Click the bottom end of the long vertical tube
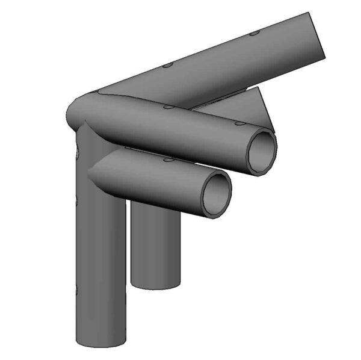100,341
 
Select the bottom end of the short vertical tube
156,284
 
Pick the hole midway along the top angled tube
168,64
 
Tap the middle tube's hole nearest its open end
239,123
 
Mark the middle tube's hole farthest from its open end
168,107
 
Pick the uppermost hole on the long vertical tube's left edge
78,154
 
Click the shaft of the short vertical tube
155,247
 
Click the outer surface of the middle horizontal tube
180,132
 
